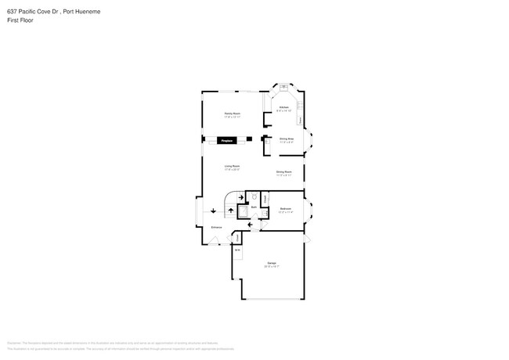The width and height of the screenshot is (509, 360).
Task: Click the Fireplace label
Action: tap(228, 141)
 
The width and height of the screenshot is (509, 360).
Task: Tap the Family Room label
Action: tap(232, 114)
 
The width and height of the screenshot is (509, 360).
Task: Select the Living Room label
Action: tap(232, 167)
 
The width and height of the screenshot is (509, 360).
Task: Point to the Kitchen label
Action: tap(283, 107)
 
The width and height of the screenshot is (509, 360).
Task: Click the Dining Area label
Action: tap(286, 139)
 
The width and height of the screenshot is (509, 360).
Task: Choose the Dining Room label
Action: tap(283, 171)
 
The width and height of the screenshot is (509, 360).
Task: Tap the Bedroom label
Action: tap(286, 209)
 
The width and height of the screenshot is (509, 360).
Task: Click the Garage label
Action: tap(271, 263)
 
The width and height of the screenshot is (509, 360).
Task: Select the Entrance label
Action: tap(216, 228)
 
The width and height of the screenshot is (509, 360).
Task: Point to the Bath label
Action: tap(254, 206)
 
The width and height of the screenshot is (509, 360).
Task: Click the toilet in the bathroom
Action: tap(254, 196)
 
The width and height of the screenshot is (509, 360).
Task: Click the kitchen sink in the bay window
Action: tap(283, 87)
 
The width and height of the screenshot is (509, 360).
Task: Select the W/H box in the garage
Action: tap(236, 250)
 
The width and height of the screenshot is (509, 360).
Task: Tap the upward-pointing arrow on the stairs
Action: tap(230, 211)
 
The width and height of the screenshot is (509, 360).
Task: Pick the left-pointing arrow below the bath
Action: tap(250, 225)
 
